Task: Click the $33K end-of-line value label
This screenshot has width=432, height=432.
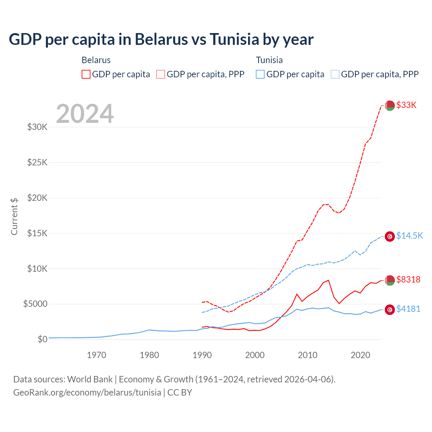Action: tap(406, 105)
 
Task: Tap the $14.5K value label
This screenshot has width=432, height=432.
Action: tap(409, 236)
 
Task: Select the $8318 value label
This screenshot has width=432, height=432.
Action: tap(408, 279)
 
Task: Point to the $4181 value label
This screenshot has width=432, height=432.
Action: tap(408, 309)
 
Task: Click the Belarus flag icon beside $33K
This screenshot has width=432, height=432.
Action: tap(390, 105)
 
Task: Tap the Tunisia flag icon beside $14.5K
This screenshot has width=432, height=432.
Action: tap(390, 236)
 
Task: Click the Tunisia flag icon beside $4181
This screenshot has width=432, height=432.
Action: tap(390, 309)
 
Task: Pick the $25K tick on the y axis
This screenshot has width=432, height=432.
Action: tap(37, 162)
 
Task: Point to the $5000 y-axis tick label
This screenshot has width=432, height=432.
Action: tap(35, 304)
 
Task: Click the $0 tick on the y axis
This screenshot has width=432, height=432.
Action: tap(42, 339)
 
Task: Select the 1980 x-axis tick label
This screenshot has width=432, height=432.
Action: tap(149, 355)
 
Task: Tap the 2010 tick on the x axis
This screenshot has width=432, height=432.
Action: tap(307, 355)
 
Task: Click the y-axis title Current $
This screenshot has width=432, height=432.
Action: tap(14, 216)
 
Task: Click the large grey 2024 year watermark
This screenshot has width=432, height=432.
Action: tap(85, 114)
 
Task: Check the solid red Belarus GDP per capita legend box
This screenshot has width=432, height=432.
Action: tap(86, 74)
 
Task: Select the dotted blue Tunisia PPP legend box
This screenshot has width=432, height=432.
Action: tap(335, 74)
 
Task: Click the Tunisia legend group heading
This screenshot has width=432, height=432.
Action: tap(269, 60)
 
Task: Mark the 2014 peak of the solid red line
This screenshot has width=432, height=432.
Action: tap(328, 280)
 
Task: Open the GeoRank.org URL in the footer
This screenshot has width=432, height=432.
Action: tap(87, 393)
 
